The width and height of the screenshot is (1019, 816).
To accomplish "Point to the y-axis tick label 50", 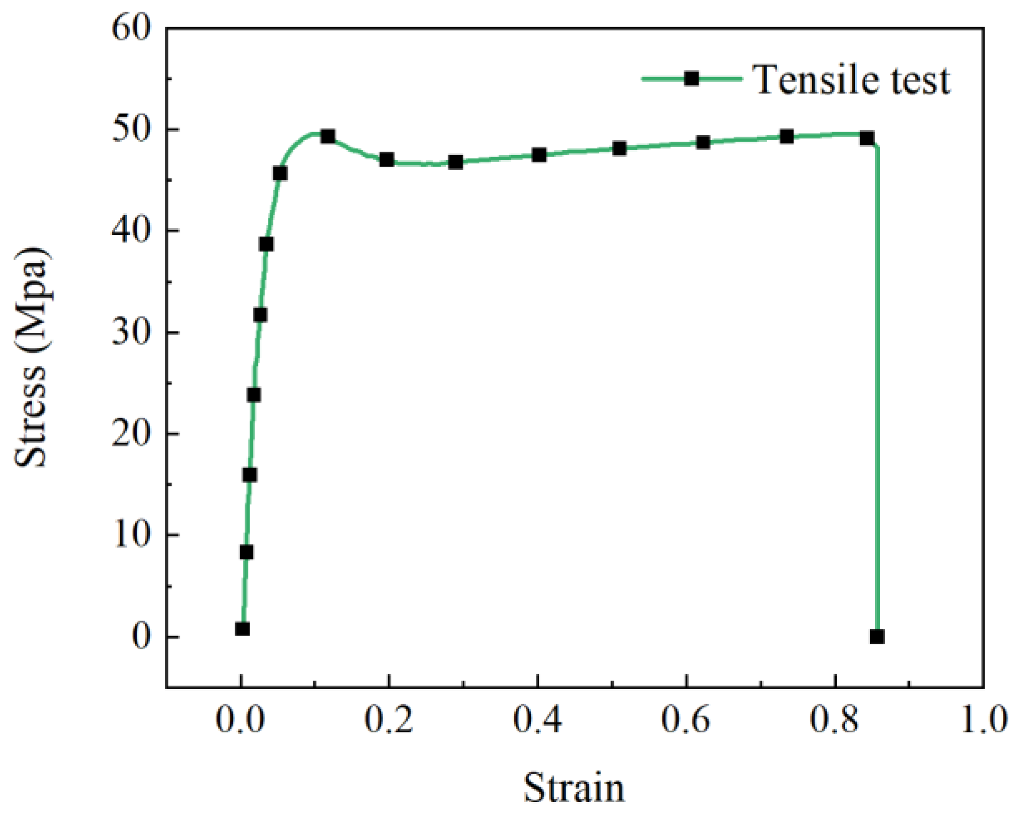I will point(131,130).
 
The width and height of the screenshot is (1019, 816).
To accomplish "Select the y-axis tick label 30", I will point(131,333).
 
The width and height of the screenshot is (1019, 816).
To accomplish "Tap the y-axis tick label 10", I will point(132,536).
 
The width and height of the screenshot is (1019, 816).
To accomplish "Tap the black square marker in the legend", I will point(691,79).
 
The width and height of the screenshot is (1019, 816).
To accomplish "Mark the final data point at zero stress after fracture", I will point(877,637).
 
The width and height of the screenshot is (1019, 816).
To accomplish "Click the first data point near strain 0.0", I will point(242,629).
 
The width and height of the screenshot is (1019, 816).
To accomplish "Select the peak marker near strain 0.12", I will point(328,137).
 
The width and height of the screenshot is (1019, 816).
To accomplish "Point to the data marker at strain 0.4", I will point(539,155).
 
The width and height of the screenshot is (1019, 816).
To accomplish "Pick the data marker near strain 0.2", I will point(386,160).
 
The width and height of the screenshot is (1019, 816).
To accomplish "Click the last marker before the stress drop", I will point(867,138).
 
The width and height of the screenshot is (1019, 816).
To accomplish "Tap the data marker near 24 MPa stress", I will point(254,395).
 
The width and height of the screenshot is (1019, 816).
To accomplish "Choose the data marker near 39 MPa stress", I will point(266,244).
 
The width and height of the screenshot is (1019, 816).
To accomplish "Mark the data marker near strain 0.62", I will point(703,142).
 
